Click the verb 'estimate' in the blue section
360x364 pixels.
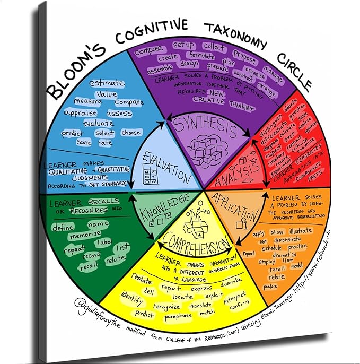coord(107,83)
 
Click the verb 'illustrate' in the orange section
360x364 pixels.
coord(301,231)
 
